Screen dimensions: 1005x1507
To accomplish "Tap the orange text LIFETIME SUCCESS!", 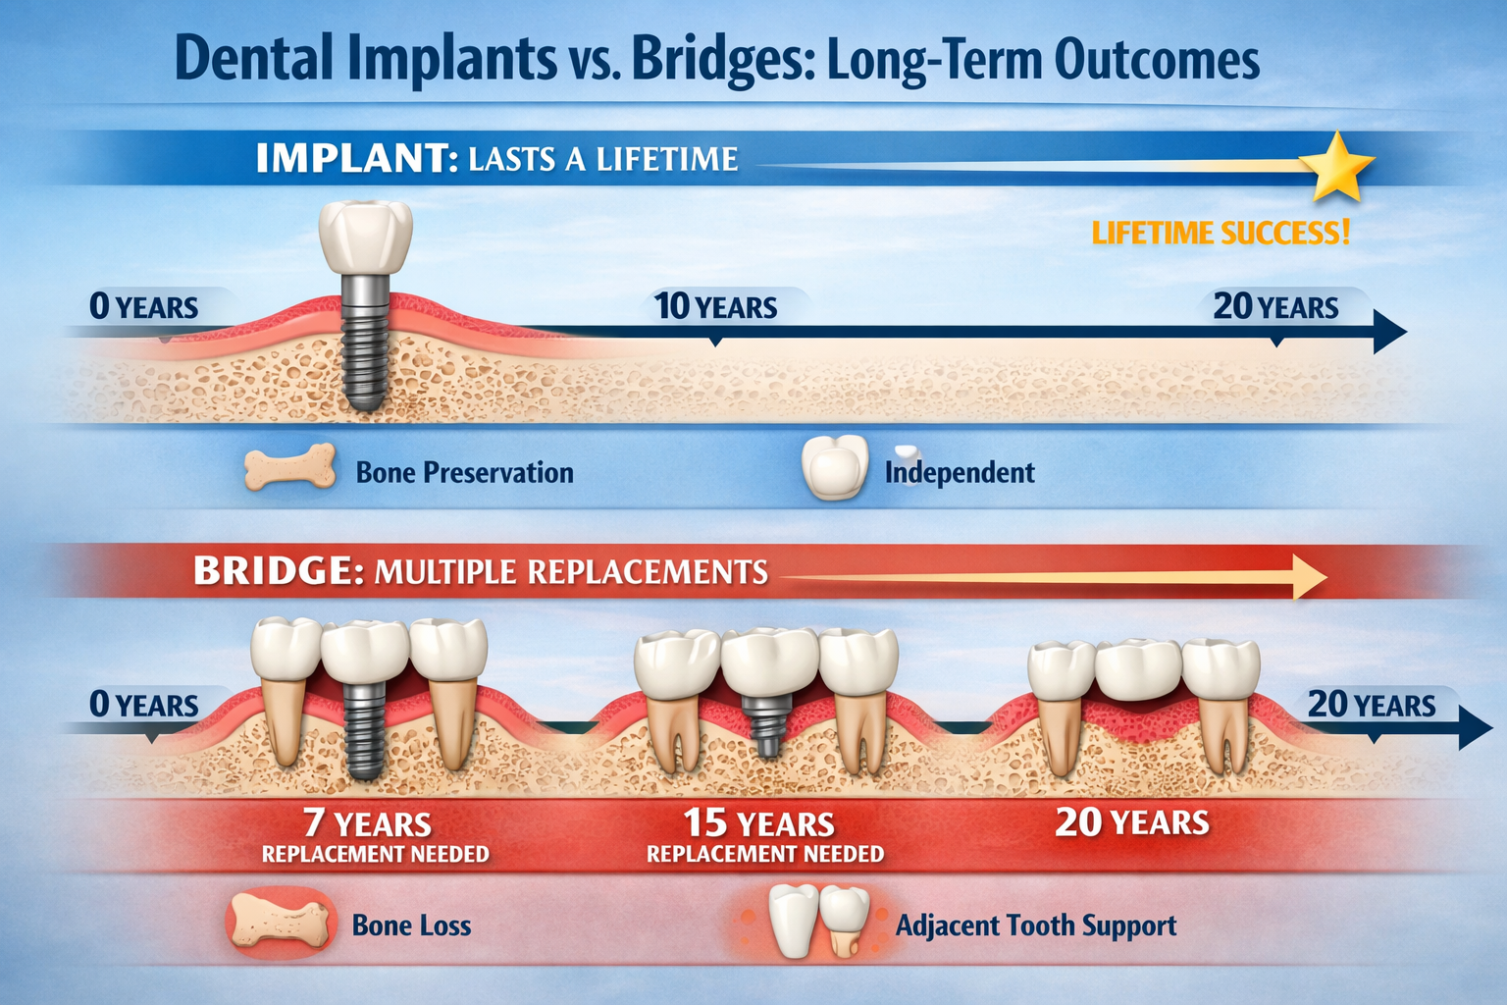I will [x=1221, y=234].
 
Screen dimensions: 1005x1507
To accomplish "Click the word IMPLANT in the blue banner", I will [x=350, y=159].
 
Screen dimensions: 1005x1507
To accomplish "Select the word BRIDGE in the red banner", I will [x=272, y=571].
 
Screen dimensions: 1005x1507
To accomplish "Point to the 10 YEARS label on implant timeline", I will [x=716, y=307].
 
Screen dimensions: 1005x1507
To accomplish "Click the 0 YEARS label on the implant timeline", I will [x=143, y=307].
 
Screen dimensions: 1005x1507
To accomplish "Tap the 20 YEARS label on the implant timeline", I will [x=1275, y=307].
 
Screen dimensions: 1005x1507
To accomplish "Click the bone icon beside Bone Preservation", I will [x=289, y=466].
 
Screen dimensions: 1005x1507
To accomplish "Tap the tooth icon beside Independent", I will [x=834, y=467].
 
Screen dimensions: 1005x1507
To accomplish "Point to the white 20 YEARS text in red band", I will [x=1131, y=822].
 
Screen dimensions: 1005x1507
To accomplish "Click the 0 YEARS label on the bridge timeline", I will [x=143, y=705].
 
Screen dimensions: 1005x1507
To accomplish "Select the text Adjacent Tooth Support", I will [x=1035, y=926].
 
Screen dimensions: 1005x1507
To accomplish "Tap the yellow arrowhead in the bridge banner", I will [x=1310, y=576].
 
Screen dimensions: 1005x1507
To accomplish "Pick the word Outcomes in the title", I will [x=1158, y=61].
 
